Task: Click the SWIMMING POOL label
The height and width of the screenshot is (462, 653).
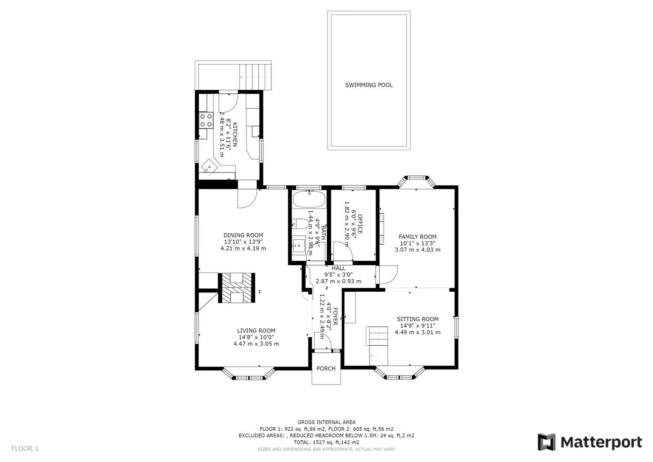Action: (x=369, y=85)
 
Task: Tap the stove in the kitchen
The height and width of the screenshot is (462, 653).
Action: (x=206, y=120)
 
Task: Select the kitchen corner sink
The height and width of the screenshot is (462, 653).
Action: (x=210, y=166)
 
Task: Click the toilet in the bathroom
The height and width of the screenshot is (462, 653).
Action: (x=299, y=223)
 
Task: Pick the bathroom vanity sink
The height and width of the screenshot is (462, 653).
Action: (x=299, y=246)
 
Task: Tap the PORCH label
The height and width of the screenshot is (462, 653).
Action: (x=326, y=368)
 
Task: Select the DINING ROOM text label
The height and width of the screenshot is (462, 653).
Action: (x=243, y=235)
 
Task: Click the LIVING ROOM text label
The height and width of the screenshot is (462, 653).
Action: (x=256, y=331)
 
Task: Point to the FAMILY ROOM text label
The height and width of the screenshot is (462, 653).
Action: (x=417, y=237)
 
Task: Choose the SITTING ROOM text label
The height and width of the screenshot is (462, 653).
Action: (x=417, y=319)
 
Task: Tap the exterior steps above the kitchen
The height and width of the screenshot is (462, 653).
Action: (x=255, y=76)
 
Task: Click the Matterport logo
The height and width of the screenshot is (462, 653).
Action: (x=590, y=442)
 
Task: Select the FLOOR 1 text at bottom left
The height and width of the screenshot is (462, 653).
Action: (x=25, y=449)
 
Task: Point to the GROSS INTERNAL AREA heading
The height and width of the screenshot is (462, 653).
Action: (x=326, y=422)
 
